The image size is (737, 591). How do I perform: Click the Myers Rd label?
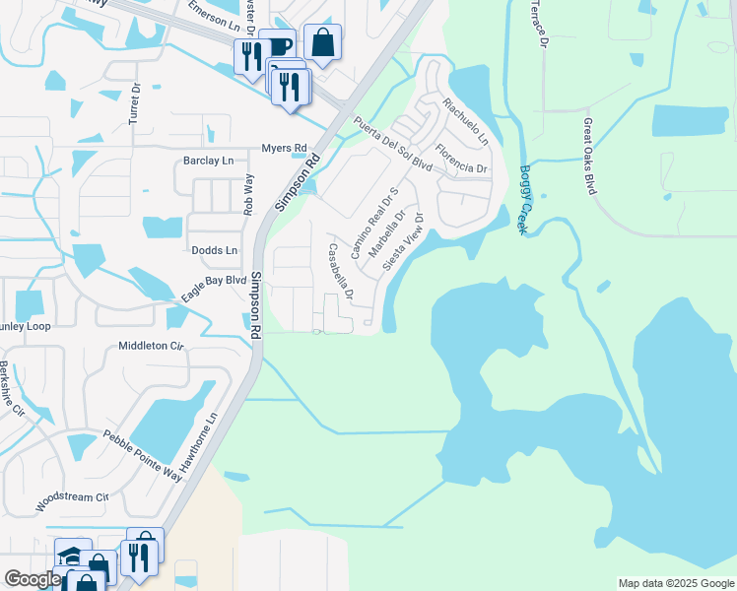[x=284, y=149]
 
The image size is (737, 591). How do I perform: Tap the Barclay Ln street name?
[x=209, y=161]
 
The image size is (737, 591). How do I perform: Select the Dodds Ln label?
[x=215, y=251]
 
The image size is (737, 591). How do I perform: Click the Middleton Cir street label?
[x=152, y=346]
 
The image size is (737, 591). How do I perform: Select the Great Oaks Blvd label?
[x=590, y=157]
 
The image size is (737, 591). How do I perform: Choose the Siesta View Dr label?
[x=407, y=245]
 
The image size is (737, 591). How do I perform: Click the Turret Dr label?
[x=136, y=102]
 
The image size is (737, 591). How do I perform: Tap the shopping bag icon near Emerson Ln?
[x=322, y=42]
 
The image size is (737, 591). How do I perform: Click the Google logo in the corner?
[x=33, y=579]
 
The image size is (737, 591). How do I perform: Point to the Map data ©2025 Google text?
[x=675, y=583]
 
